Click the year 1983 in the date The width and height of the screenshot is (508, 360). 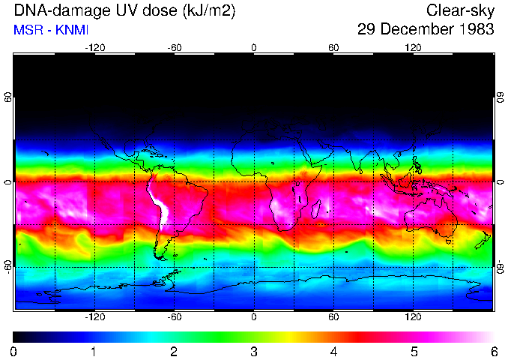474,30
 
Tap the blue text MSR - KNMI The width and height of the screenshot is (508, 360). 47,30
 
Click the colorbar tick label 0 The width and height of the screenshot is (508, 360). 14,352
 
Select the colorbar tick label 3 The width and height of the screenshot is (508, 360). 254,352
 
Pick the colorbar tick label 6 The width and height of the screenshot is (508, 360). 493,352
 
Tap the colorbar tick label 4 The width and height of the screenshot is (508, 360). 333,352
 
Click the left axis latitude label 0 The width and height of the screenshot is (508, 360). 7,182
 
